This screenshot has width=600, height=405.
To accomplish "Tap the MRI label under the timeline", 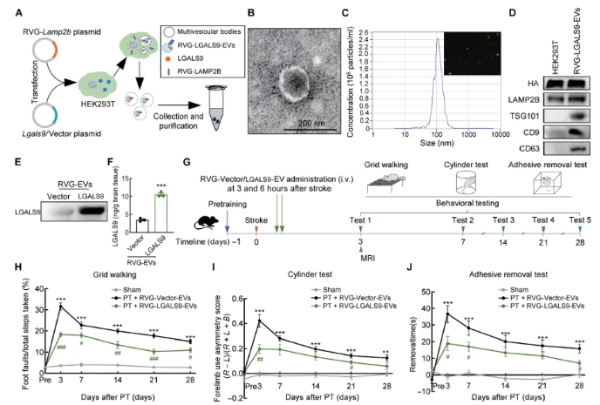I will [360, 259].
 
